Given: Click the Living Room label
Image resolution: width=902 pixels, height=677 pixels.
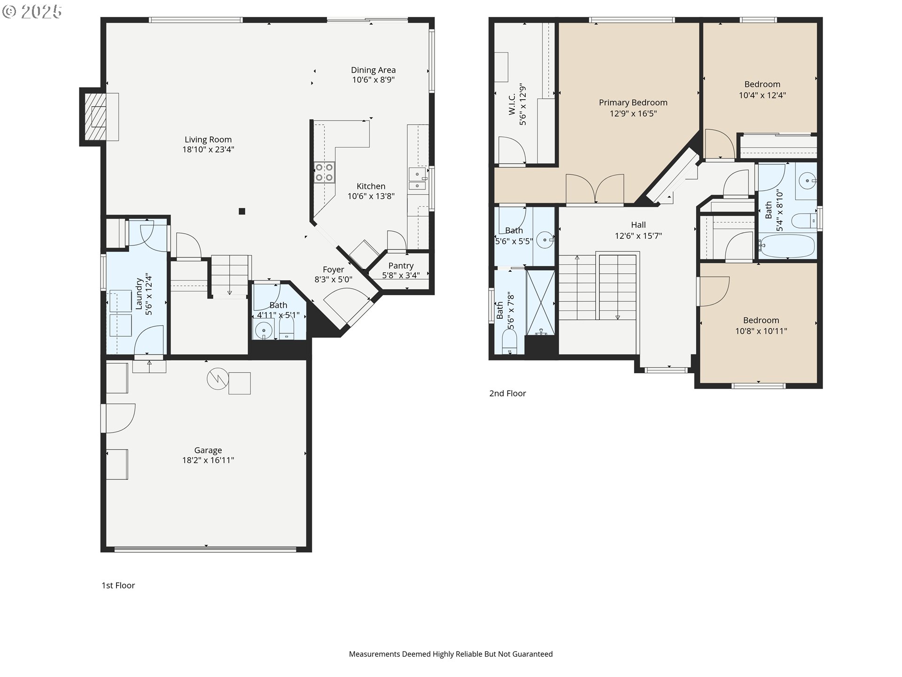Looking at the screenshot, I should pyautogui.click(x=208, y=140).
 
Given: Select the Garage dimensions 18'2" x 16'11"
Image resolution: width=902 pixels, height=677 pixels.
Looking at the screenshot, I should pyautogui.click(x=208, y=460).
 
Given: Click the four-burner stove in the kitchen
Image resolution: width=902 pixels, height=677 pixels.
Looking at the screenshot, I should pyautogui.click(x=324, y=172).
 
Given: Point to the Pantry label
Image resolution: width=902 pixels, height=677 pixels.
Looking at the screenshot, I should pyautogui.click(x=401, y=266).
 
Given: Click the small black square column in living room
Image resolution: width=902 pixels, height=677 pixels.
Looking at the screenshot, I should pyautogui.click(x=242, y=212).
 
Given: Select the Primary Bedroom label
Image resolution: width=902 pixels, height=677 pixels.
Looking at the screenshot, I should pyautogui.click(x=633, y=102).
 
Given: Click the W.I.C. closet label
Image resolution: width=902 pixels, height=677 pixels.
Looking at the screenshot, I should pyautogui.click(x=512, y=103).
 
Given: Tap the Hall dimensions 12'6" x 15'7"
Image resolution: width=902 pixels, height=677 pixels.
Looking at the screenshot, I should pyautogui.click(x=638, y=236).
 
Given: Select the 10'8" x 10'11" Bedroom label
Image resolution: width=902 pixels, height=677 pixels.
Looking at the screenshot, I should pyautogui.click(x=761, y=320).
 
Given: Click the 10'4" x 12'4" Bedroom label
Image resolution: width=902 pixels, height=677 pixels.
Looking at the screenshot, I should pyautogui.click(x=762, y=84).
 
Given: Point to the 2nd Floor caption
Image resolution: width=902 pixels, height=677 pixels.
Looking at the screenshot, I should pyautogui.click(x=507, y=394).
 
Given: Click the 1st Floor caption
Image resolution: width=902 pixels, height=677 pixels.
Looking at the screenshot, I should pyautogui.click(x=118, y=585).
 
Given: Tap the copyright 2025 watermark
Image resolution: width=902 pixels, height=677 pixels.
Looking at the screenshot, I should pyautogui.click(x=32, y=12).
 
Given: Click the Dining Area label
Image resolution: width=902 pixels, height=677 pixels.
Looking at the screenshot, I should pyautogui.click(x=373, y=70).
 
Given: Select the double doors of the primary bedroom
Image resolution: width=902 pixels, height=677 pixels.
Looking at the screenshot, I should pyautogui.click(x=595, y=189).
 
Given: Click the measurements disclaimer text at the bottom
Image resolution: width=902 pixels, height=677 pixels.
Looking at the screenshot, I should pyautogui.click(x=451, y=654).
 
